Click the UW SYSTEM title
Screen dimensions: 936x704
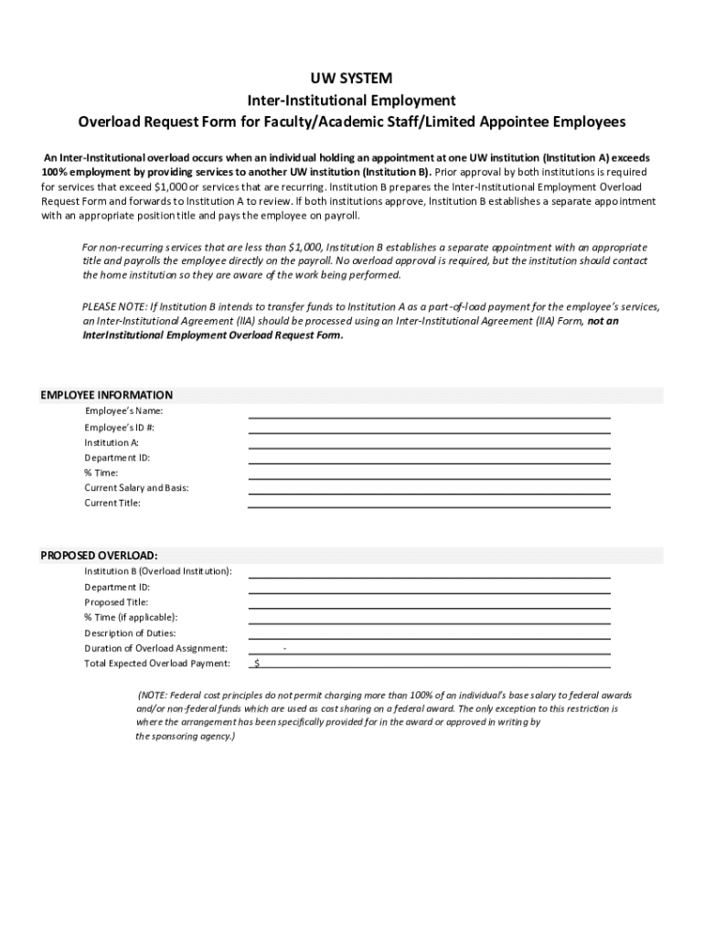tap(352, 79)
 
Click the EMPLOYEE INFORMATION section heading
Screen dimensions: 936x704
tap(107, 395)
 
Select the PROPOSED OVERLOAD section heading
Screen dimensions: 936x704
tap(99, 555)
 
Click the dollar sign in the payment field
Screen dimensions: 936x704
tap(258, 663)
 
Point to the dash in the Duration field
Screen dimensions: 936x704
tap(285, 648)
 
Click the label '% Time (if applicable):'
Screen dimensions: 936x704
tap(131, 618)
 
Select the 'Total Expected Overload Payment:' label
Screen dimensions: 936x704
tap(157, 664)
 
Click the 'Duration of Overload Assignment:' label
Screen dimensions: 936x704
tap(156, 648)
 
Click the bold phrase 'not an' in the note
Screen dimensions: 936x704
tap(603, 321)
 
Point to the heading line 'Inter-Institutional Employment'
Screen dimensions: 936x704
tap(352, 100)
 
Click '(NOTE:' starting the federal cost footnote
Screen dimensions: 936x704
tap(153, 695)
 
